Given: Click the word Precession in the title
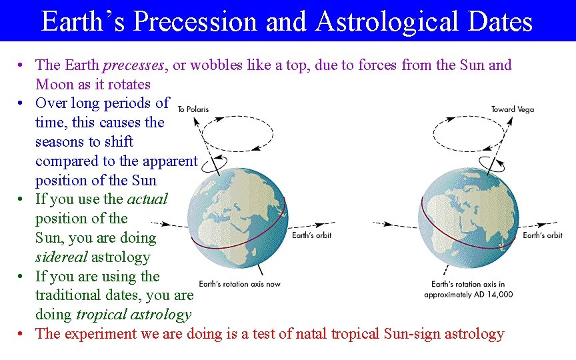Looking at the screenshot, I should [x=195, y=21].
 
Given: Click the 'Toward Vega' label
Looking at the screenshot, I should [x=513, y=109].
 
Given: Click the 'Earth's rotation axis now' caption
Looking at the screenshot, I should [x=240, y=283].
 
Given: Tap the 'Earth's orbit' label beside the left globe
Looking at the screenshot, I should [x=311, y=235].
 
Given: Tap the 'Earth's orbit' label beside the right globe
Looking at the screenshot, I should [x=542, y=235].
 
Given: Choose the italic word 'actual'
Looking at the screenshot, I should [x=147, y=199].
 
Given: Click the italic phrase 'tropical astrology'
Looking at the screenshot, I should [x=133, y=315].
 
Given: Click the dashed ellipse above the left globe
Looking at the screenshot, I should [x=238, y=133].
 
